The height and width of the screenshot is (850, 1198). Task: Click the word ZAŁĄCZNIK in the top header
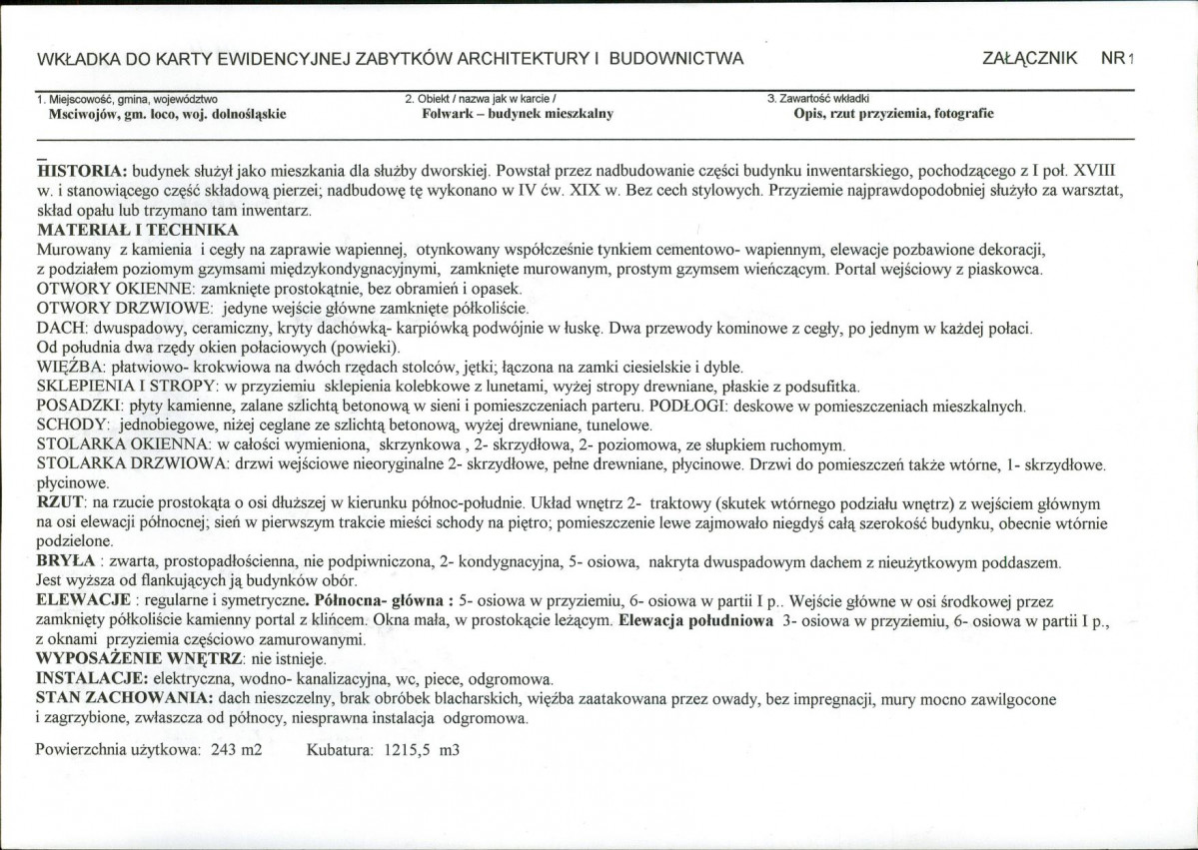[x=1029, y=58]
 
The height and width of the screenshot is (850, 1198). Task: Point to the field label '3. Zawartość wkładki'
[x=818, y=99]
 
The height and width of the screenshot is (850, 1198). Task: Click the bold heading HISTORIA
[x=81, y=171]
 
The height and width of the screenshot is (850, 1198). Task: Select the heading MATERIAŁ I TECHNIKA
[x=130, y=231]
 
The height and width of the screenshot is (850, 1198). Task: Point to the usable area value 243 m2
[x=237, y=750]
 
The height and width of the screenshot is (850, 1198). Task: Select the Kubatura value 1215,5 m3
[x=421, y=750]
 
